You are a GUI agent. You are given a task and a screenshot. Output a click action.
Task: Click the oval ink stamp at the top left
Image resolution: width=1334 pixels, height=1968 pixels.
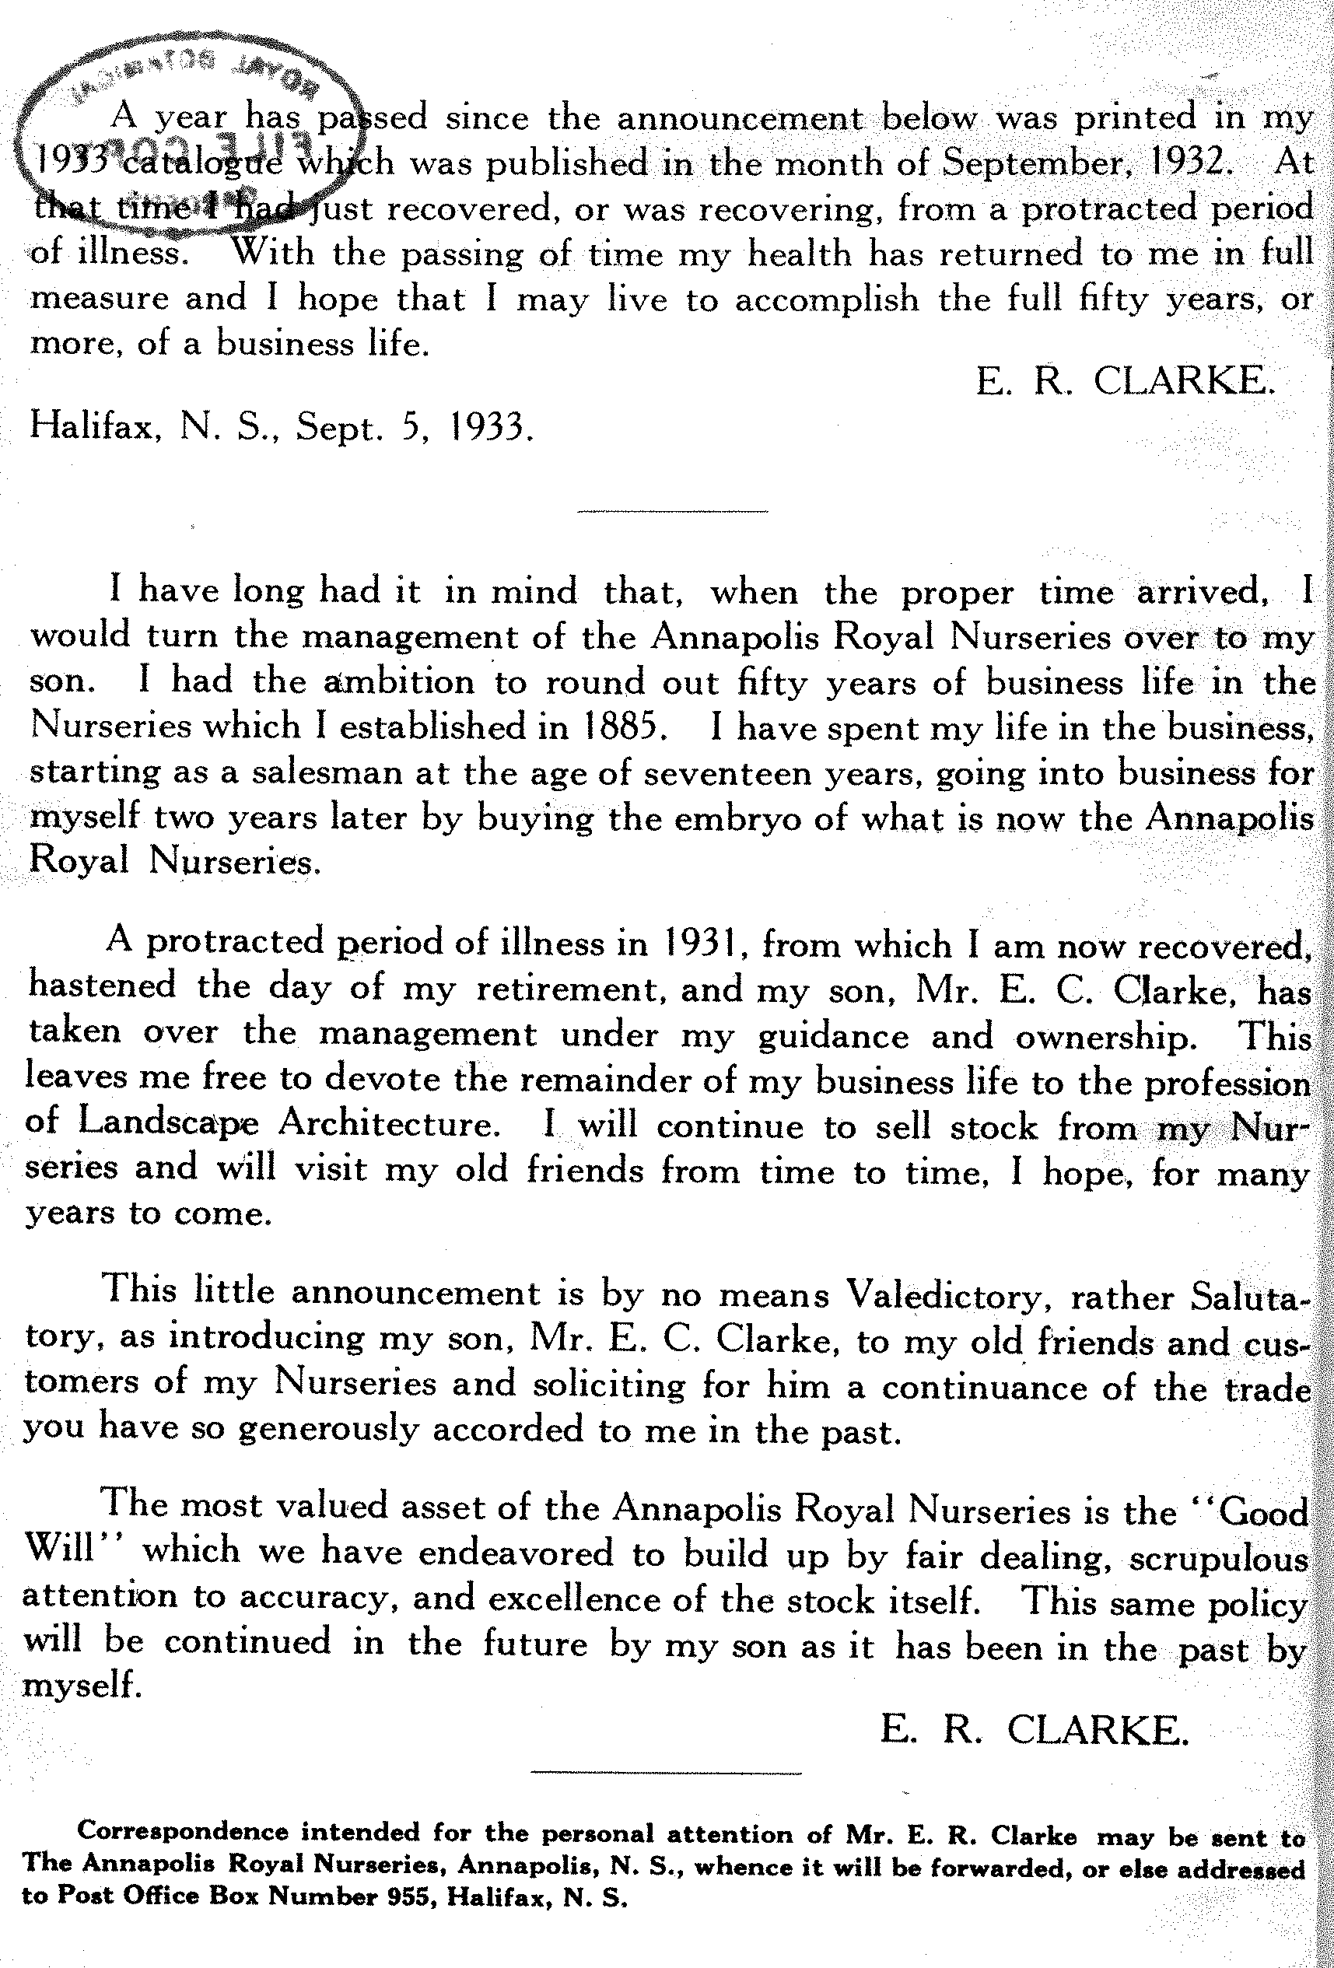pyautogui.click(x=182, y=127)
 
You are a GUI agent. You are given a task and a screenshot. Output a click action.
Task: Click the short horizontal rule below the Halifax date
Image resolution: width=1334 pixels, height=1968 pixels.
pyautogui.click(x=671, y=510)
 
